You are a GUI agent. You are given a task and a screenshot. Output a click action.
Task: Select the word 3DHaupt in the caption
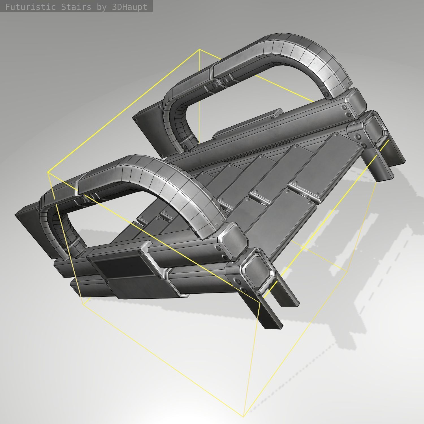click(129, 7)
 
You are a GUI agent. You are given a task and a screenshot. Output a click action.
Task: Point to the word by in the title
click(101, 7)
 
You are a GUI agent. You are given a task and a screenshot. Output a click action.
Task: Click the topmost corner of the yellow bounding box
click(200, 49)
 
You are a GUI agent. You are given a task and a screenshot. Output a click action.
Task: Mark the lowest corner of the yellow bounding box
click(243, 416)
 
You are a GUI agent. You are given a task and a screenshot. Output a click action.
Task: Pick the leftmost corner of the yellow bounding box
click(48, 172)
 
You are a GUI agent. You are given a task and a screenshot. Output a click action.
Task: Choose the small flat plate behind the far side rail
click(249, 122)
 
